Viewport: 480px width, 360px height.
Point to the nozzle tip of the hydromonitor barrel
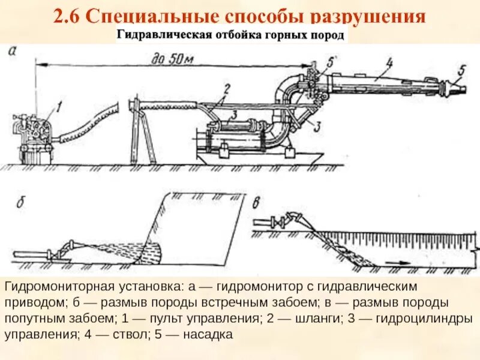click(460, 89)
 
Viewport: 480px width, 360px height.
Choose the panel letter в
click(256, 202)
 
